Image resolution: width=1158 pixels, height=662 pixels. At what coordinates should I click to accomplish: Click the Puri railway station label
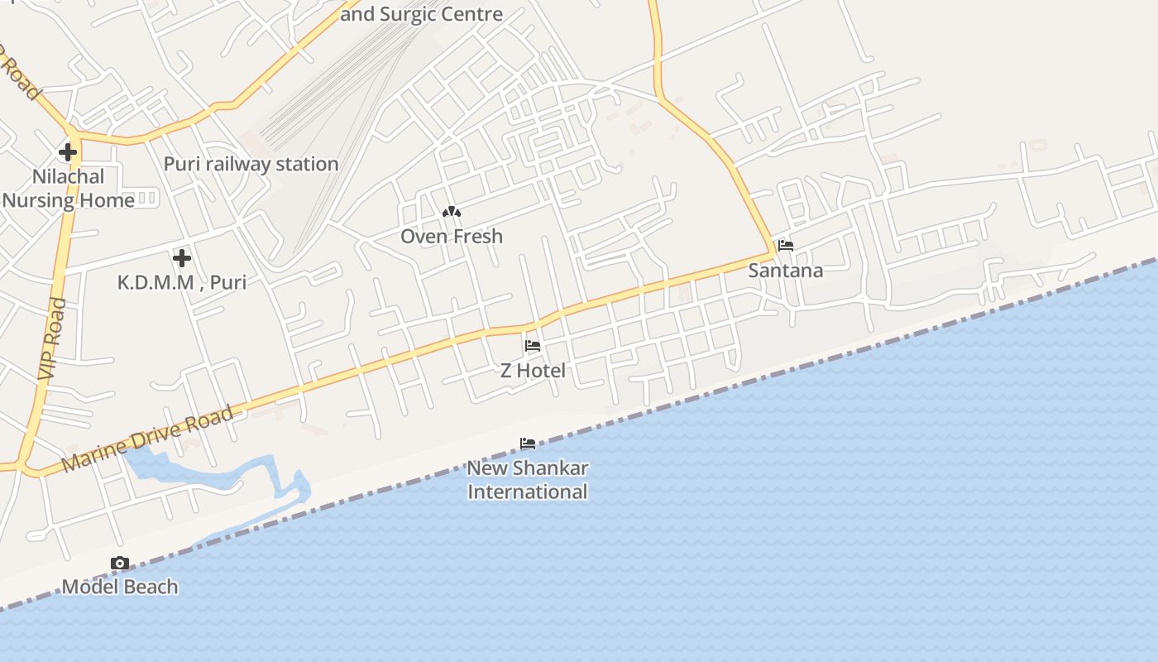tap(251, 164)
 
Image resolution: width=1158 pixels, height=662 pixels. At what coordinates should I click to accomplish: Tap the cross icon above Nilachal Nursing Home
tap(68, 152)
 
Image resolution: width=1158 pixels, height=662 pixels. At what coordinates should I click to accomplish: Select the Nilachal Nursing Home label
tap(68, 189)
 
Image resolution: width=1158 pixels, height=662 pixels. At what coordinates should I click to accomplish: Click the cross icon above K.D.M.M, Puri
tap(182, 258)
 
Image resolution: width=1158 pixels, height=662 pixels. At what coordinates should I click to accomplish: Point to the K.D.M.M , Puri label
tap(182, 282)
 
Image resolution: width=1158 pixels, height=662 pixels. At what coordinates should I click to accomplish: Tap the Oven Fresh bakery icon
tap(452, 213)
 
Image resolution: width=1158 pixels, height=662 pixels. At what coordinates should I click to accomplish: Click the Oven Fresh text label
tap(452, 237)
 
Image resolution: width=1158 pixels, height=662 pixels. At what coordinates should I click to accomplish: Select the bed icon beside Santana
tap(786, 246)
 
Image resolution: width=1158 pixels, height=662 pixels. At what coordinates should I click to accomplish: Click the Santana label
tap(786, 271)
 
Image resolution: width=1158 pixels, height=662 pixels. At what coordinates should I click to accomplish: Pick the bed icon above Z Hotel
tap(533, 346)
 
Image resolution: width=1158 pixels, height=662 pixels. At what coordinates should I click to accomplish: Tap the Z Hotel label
tap(533, 371)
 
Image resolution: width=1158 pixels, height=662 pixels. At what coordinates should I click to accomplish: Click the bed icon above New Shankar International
tap(528, 444)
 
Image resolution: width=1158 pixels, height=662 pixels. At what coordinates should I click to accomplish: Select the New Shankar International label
tap(528, 480)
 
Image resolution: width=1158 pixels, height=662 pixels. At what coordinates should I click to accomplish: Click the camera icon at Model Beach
tap(120, 564)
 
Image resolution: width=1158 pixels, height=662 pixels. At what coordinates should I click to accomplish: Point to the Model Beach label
tap(120, 588)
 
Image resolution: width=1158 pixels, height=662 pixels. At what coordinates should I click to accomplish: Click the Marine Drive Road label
tap(147, 439)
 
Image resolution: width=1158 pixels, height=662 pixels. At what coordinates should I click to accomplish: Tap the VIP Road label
tap(51, 339)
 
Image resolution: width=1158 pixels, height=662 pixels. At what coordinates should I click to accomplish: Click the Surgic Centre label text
tap(422, 14)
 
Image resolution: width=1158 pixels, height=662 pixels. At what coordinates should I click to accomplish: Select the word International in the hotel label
tap(528, 492)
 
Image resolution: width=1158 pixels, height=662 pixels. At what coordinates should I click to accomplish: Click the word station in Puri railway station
tap(307, 164)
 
